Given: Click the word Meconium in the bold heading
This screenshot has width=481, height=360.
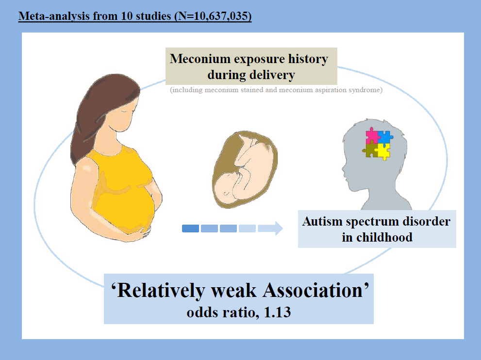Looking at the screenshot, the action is click(x=200, y=59).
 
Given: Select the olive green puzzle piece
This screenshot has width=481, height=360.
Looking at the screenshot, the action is click(x=369, y=149).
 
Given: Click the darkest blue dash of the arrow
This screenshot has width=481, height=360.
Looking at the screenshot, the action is click(x=190, y=229).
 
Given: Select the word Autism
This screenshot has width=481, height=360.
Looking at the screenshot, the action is click(x=322, y=221).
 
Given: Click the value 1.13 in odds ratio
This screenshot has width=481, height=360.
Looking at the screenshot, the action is click(x=277, y=312).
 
